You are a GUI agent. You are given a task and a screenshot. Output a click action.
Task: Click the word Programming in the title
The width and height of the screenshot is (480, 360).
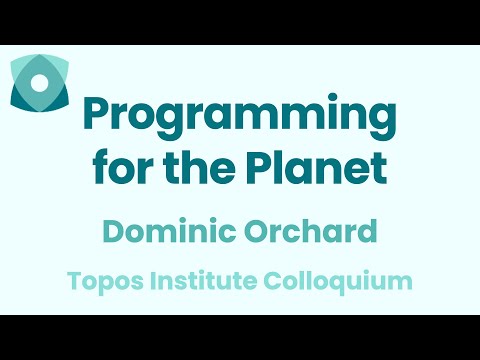(240, 119)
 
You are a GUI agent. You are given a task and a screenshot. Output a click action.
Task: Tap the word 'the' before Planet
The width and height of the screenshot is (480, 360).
(195, 167)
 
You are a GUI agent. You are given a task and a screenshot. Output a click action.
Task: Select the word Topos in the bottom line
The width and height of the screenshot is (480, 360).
(101, 281)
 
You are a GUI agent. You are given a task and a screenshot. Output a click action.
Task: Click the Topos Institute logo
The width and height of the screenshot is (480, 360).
(39, 84)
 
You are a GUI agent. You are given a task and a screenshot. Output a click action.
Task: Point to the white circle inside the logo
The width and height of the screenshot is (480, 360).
(39, 86)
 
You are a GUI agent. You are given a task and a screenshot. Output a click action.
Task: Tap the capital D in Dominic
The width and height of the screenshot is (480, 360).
(112, 233)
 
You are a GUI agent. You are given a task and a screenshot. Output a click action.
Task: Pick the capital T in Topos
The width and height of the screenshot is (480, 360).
(74, 281)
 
